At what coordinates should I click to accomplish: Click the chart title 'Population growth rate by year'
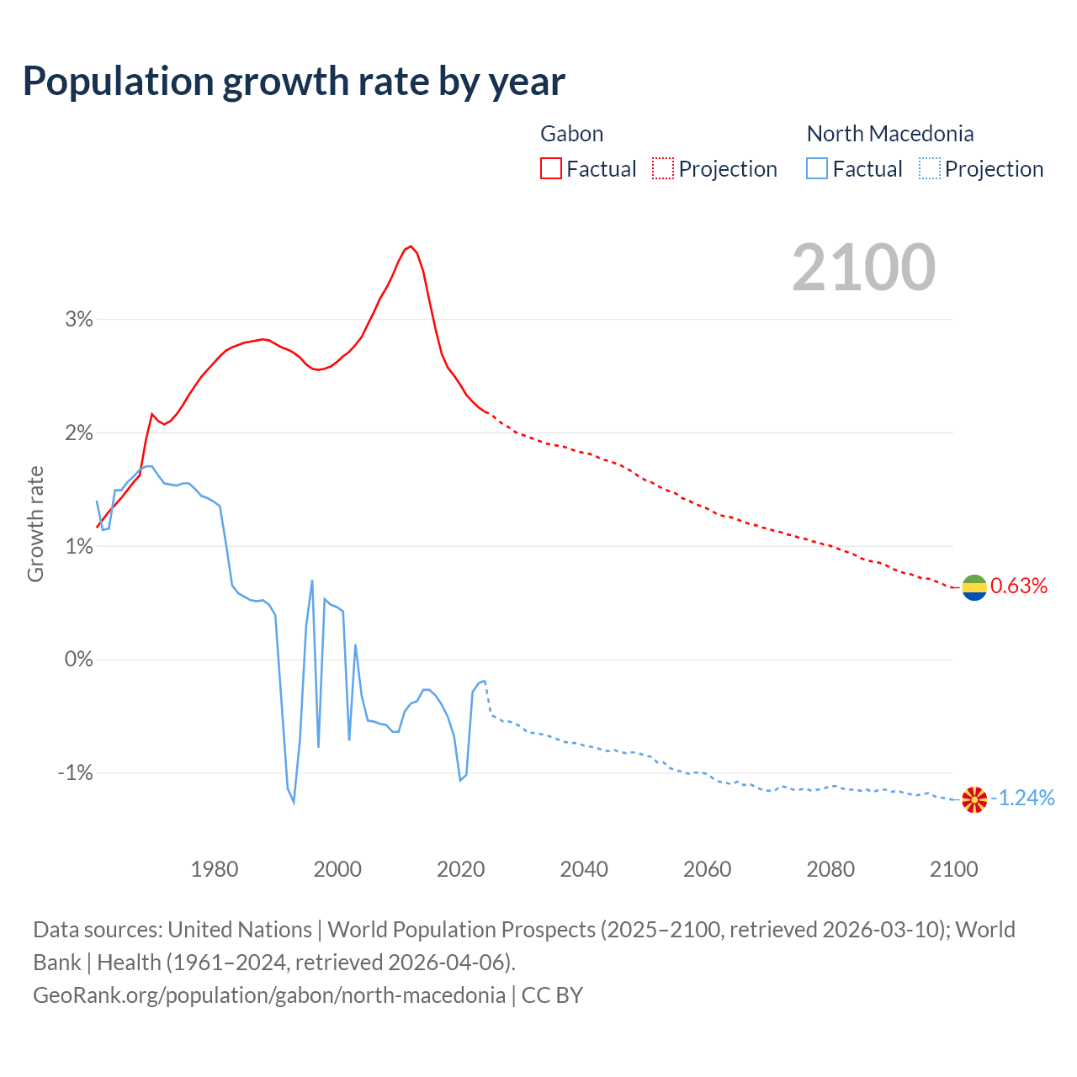[294, 82]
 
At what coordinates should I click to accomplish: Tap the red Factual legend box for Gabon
[551, 168]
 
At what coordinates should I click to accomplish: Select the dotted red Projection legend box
[663, 168]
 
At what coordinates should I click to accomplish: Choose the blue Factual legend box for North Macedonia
[817, 168]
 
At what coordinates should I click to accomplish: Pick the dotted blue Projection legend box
[929, 168]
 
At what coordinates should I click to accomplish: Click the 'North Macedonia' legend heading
[889, 134]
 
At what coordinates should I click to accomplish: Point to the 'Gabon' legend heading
[571, 134]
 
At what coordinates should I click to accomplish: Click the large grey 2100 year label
[863, 268]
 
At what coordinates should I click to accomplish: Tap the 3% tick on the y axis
[78, 319]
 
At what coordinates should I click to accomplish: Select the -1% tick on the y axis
[75, 772]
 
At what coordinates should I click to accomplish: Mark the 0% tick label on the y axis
[78, 659]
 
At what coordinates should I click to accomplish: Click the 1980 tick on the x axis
[215, 869]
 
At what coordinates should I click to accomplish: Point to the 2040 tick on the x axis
[584, 869]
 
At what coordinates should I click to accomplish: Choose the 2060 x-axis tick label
[707, 869]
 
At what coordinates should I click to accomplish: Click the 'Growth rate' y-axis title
[35, 523]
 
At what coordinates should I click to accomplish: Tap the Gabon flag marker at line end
[974, 587]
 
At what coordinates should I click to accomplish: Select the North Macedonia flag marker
[974, 799]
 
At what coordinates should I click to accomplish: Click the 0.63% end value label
[1019, 586]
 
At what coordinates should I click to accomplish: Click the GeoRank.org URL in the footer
[269, 995]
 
